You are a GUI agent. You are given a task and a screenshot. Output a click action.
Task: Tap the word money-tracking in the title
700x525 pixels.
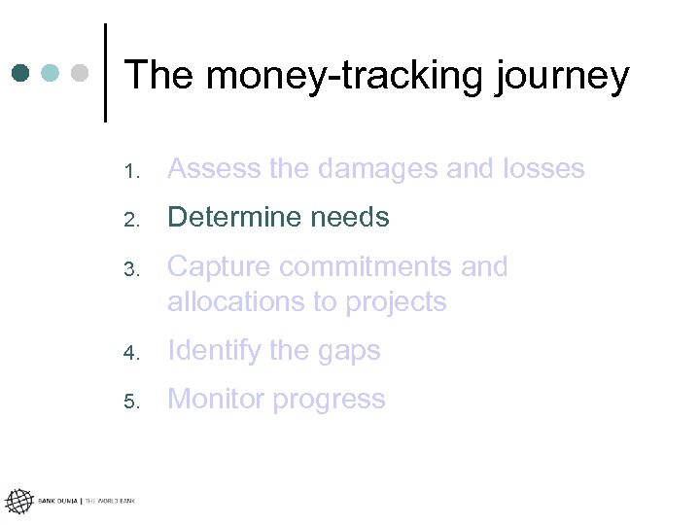pos(342,76)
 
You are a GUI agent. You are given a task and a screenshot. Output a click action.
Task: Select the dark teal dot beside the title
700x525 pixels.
pos(21,73)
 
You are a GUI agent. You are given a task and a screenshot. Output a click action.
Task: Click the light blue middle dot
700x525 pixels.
pos(51,73)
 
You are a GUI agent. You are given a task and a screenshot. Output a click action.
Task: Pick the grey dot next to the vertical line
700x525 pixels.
pos(81,73)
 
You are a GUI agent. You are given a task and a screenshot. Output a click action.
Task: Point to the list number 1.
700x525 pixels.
pos(132,172)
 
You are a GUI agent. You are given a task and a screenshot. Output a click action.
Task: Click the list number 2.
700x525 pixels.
pos(132,221)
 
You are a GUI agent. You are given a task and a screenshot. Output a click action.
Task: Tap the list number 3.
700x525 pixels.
pos(132,269)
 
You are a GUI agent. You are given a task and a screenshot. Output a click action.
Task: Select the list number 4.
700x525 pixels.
pos(132,354)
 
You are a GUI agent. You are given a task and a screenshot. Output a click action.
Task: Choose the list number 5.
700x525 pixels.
pos(132,402)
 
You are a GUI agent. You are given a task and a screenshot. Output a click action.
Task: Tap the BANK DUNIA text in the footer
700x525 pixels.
pos(58,502)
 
